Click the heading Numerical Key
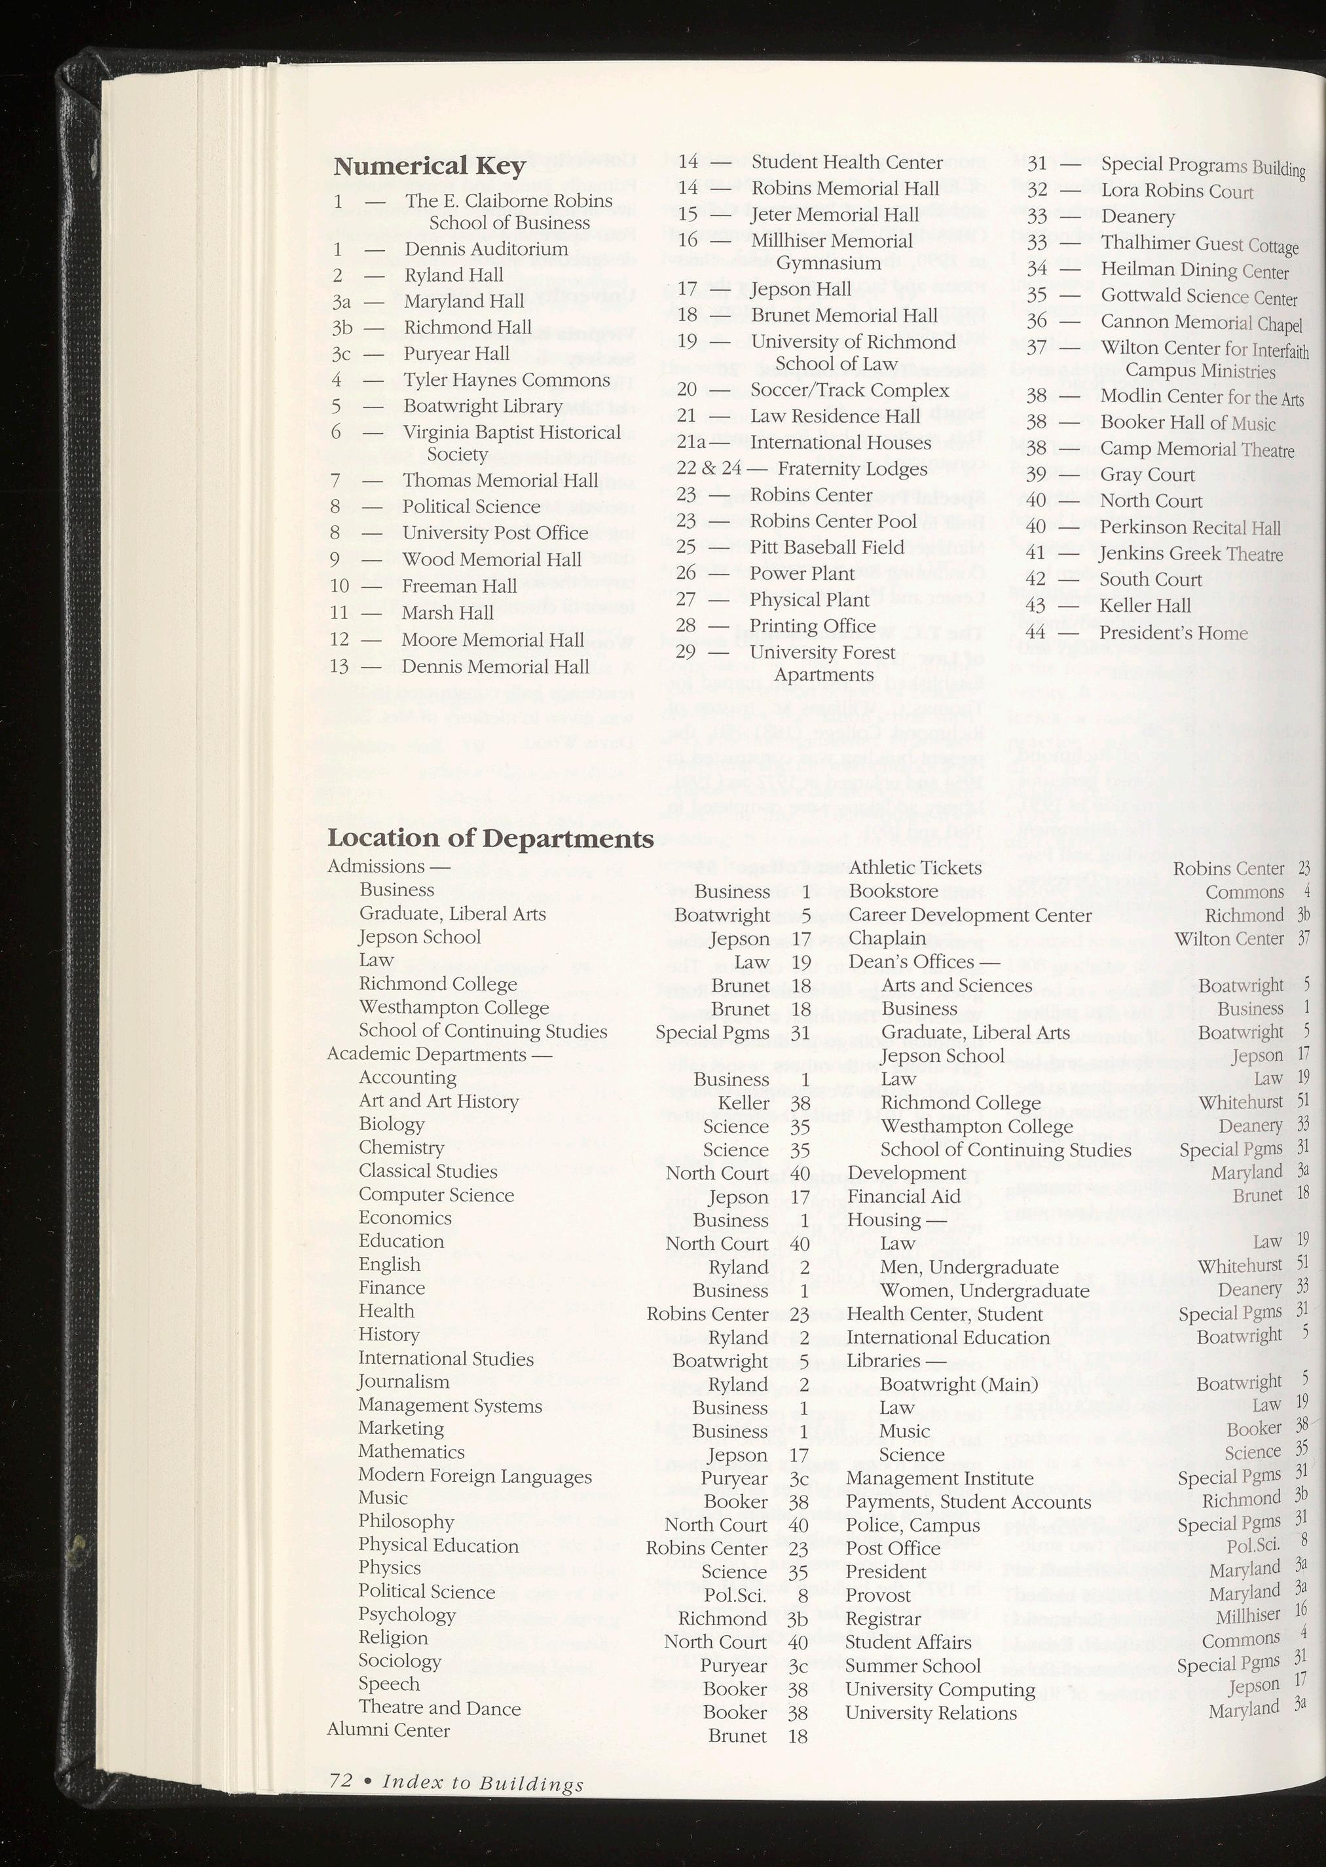(x=429, y=166)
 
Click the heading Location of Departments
(x=490, y=839)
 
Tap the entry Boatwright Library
(x=483, y=406)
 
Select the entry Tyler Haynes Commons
(x=506, y=380)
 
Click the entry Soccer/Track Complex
(x=849, y=390)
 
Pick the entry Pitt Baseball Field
(x=827, y=547)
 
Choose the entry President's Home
(x=1173, y=633)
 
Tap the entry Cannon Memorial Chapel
(x=1200, y=322)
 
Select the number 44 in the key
(x=1035, y=632)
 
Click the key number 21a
(x=691, y=443)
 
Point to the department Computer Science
(x=436, y=1195)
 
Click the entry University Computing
(x=940, y=1689)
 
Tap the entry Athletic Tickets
(x=915, y=867)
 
